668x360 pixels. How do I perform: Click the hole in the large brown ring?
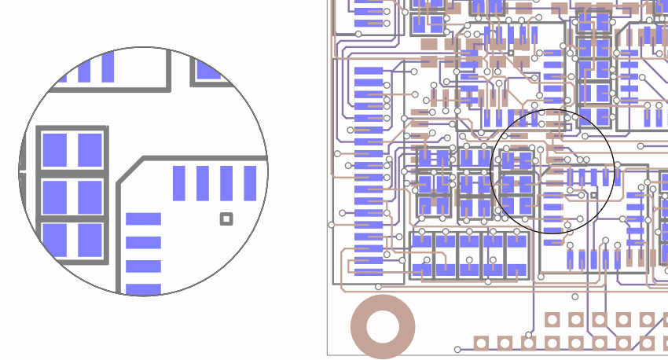coord(383,327)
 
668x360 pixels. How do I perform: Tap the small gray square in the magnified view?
coord(226,219)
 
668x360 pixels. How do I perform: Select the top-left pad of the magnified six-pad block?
coord(54,149)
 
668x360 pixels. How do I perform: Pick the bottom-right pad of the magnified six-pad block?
coord(90,240)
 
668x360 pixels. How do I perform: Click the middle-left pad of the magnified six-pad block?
coord(54,196)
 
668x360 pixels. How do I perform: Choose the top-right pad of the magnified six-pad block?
coord(90,149)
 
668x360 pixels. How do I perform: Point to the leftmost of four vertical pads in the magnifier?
coord(179,182)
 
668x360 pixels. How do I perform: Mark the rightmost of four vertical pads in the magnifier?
coord(250,182)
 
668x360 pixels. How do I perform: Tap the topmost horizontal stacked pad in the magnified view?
coord(143,219)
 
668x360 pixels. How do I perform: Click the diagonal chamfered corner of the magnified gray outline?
coord(130,170)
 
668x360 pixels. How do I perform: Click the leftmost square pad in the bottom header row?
coord(481,343)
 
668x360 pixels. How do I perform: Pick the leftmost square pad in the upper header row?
coord(552,319)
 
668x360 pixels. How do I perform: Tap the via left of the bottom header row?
coord(458,349)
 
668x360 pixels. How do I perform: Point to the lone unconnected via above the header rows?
coord(575,297)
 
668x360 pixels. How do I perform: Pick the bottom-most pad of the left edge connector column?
coord(368,271)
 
